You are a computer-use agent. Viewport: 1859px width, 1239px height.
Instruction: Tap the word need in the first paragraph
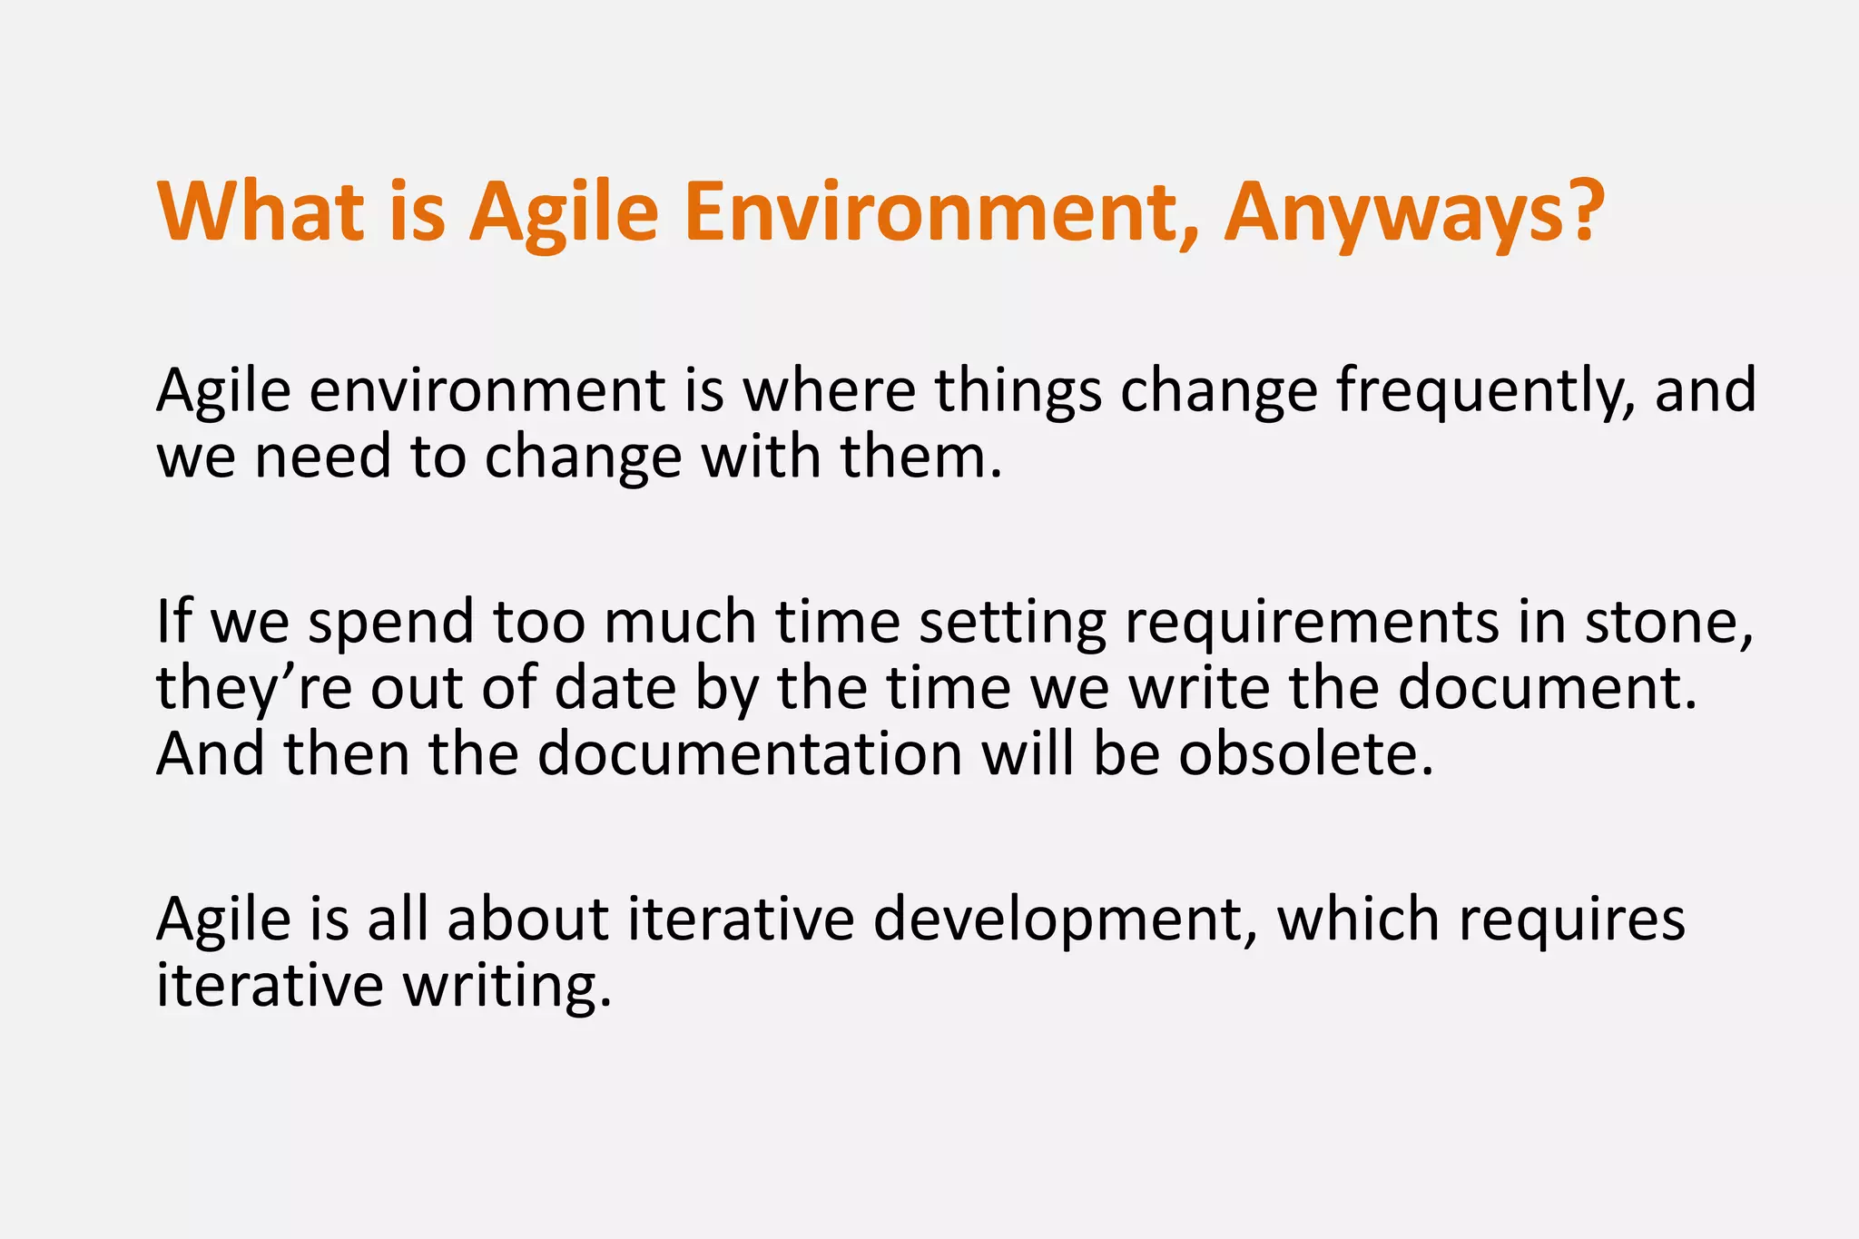coord(322,458)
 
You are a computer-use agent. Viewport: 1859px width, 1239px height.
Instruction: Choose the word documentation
coord(750,754)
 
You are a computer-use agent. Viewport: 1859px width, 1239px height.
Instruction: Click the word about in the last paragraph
coord(527,919)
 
